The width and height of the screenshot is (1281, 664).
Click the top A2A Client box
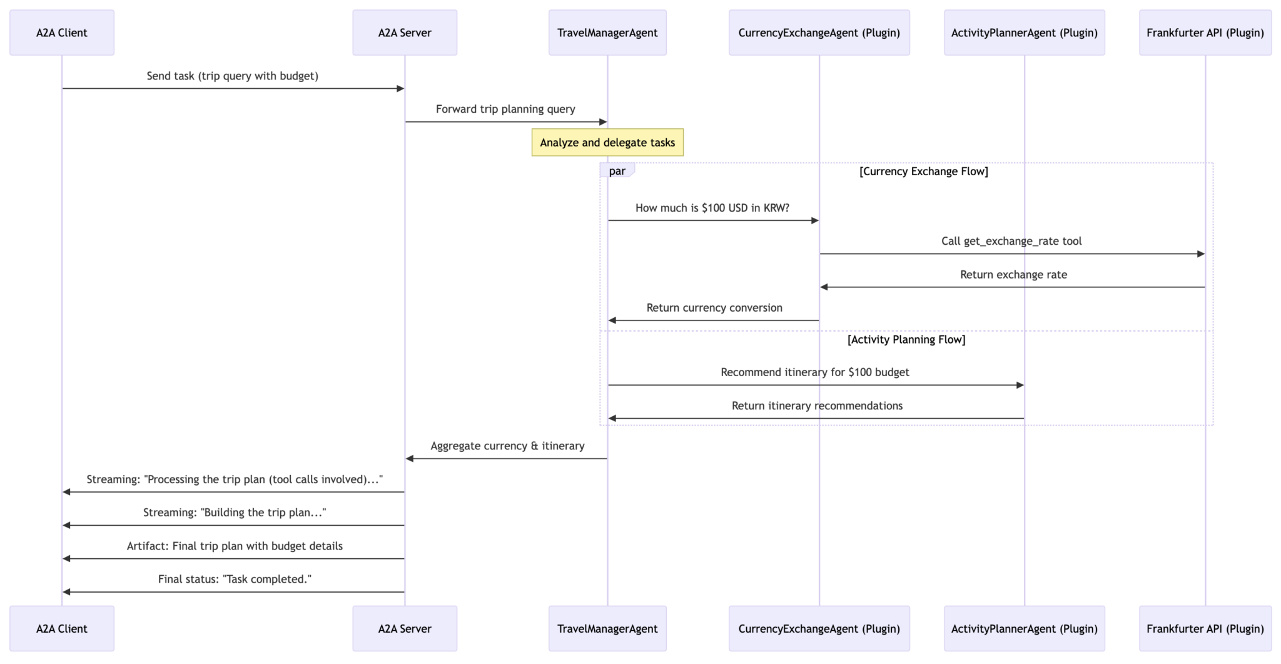62,33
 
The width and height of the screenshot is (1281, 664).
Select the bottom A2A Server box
405,628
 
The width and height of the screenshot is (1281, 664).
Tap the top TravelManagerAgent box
607,33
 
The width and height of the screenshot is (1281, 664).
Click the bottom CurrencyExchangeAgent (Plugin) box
819,628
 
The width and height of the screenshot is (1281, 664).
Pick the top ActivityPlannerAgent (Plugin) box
1024,33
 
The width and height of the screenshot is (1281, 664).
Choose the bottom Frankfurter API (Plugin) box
1205,628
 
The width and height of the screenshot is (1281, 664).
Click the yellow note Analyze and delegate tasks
607,143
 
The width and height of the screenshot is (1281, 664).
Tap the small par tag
617,171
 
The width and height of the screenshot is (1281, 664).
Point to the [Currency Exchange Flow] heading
923,171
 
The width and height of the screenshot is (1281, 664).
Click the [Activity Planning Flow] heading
906,340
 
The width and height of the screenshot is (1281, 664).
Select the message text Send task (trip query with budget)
233,76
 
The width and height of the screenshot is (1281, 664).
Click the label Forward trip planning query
505,109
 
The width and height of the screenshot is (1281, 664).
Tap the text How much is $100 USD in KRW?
712,208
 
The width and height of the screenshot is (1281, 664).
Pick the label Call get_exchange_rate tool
1011,241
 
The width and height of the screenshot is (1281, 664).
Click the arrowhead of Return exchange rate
824,287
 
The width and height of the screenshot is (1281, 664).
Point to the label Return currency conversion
714,308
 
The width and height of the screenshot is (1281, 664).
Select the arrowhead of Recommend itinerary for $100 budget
1020,385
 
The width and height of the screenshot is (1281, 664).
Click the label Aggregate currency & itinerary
507,446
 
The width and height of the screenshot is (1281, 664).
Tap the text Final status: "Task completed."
235,580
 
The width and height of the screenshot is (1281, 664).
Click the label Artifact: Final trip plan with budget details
235,546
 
